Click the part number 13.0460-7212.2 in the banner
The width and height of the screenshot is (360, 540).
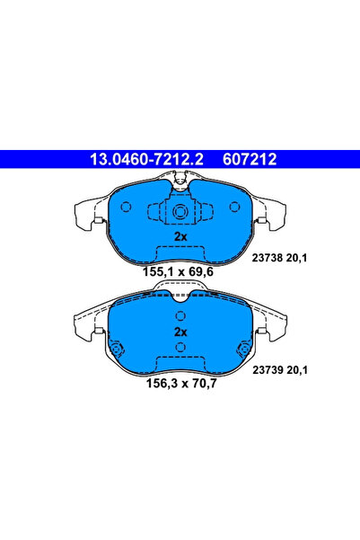[x=143, y=160]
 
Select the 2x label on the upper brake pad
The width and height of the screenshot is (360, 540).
[x=180, y=235]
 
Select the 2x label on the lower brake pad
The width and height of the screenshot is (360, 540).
[x=180, y=332]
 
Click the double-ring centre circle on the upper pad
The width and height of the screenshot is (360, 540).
[x=180, y=213]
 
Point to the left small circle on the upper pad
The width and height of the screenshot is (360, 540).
[x=126, y=207]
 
